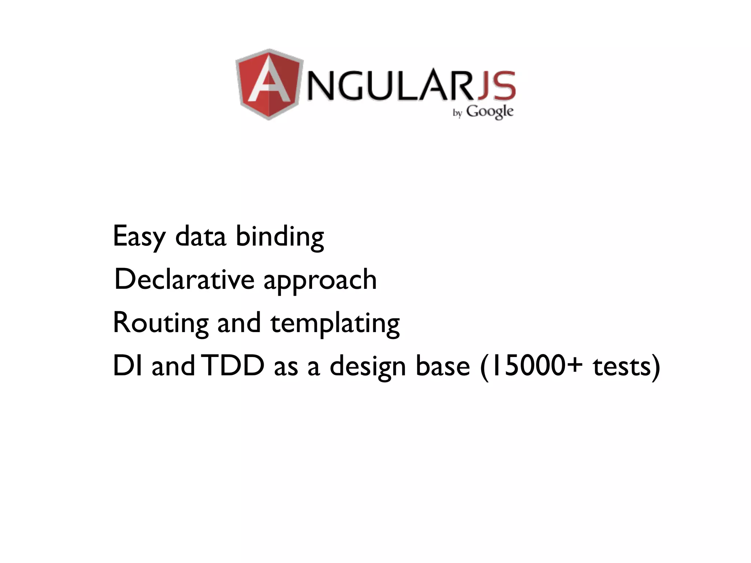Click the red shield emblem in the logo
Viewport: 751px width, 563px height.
point(270,84)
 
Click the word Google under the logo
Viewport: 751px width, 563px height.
point(490,111)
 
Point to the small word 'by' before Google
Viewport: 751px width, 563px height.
point(457,113)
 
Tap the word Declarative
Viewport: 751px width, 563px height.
point(184,279)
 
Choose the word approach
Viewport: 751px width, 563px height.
point(320,281)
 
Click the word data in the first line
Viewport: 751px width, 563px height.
point(201,237)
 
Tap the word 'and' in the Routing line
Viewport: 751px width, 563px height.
point(239,323)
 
